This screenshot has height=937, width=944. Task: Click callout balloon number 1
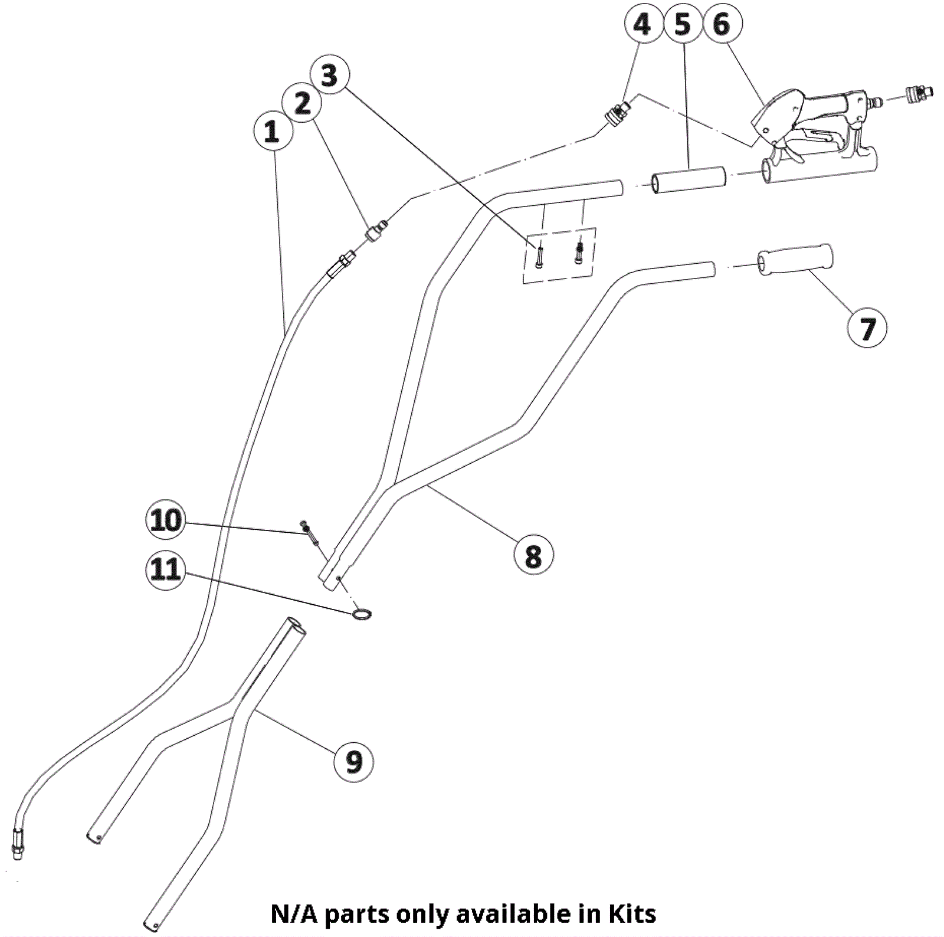272,131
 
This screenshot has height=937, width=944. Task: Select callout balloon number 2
302,104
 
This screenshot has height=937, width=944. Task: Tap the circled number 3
329,76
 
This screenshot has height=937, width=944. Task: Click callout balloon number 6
722,25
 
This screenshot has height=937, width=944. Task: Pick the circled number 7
866,327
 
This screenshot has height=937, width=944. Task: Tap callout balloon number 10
166,520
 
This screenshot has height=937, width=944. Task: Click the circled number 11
166,569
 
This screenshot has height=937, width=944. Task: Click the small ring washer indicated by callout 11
362,615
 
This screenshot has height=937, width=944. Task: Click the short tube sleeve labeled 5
688,179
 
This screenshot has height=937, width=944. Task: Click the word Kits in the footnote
632,913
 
